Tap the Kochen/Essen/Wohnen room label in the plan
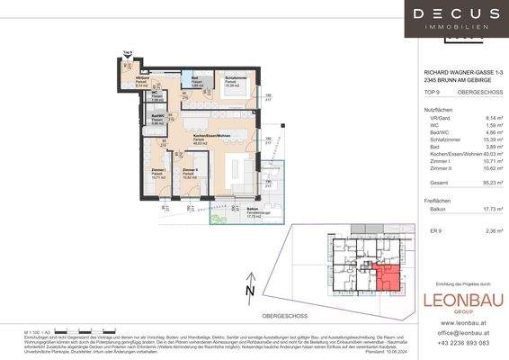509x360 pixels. point(208,137)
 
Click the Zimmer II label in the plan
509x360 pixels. point(190,171)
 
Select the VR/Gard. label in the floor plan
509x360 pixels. point(142,79)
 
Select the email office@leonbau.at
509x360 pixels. point(465,332)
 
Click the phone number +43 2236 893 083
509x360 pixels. point(464,343)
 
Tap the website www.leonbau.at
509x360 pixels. point(464,321)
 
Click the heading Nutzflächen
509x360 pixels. point(439,108)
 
